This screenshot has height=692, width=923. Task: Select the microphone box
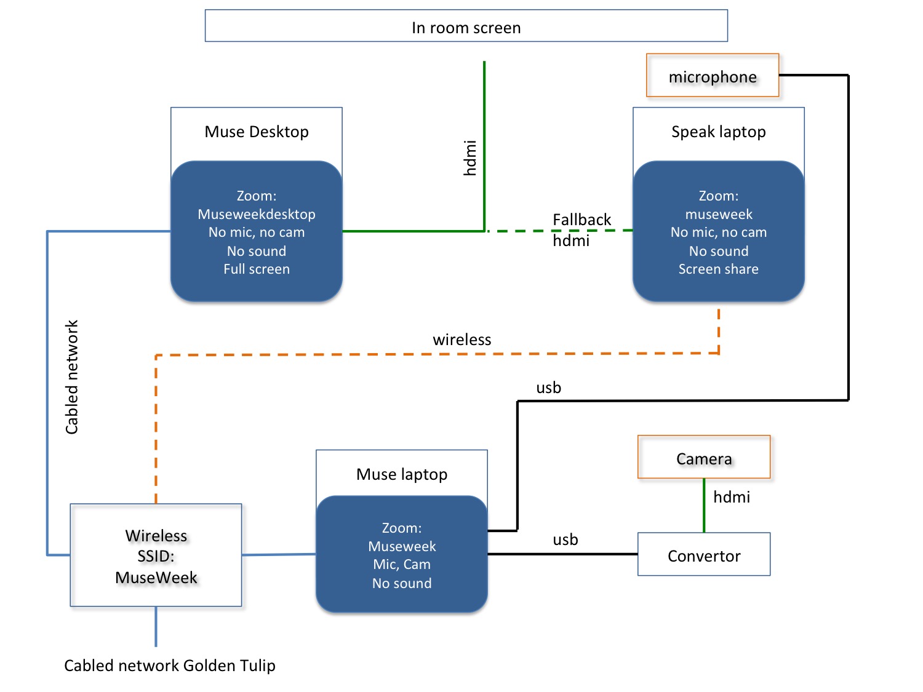(713, 76)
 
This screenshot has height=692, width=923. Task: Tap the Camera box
(704, 458)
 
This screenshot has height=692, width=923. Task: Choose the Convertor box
(704, 555)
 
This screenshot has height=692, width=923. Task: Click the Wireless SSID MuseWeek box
(156, 555)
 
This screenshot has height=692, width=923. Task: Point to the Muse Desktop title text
(257, 132)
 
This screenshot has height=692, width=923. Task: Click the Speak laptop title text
(718, 132)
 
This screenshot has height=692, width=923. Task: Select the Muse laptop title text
(402, 474)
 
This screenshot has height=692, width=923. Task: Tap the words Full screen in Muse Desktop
(257, 269)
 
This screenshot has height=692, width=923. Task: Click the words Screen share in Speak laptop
(718, 269)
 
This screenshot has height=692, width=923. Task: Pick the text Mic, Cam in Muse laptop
(402, 564)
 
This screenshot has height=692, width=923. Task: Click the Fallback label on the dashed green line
(581, 220)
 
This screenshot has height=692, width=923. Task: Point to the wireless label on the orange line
(461, 340)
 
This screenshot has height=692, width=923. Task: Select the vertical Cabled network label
(72, 377)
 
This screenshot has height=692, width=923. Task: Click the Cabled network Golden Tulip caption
(170, 666)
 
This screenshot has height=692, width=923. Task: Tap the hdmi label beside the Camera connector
(732, 497)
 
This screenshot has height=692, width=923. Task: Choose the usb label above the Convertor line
(565, 539)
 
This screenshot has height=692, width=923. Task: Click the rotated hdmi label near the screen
(470, 158)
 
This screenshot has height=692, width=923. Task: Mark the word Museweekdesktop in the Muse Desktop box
(257, 214)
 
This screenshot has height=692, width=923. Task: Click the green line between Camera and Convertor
(704, 506)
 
